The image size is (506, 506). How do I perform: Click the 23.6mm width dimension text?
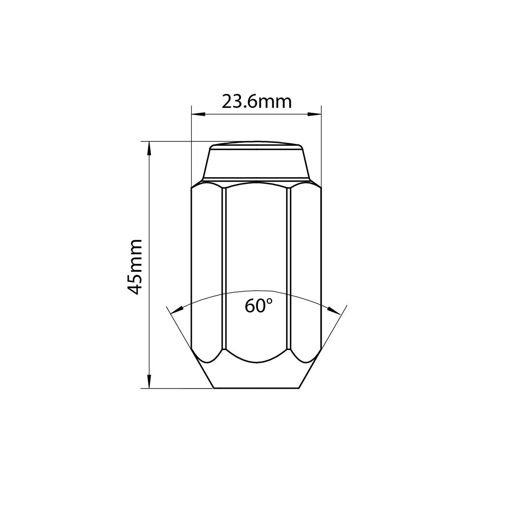point(256,101)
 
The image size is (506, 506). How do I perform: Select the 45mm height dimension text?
point(136,266)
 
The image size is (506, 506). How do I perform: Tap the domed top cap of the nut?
point(256,145)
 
